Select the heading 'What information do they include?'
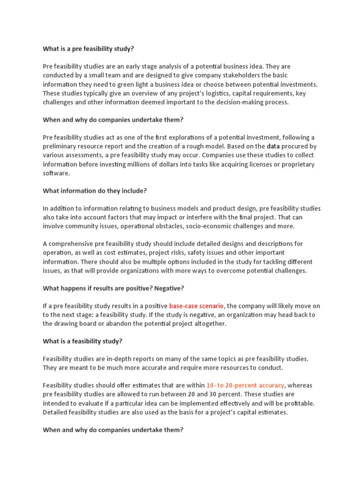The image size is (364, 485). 95,191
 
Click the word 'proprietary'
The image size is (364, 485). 298,164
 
